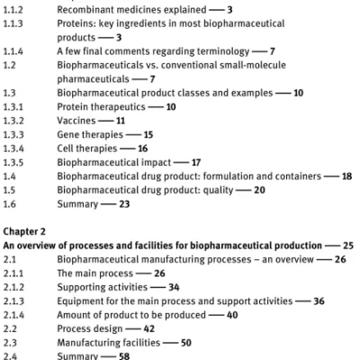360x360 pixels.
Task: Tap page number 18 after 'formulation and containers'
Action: pos(347,176)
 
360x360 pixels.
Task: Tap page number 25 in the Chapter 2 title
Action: pos(347,245)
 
